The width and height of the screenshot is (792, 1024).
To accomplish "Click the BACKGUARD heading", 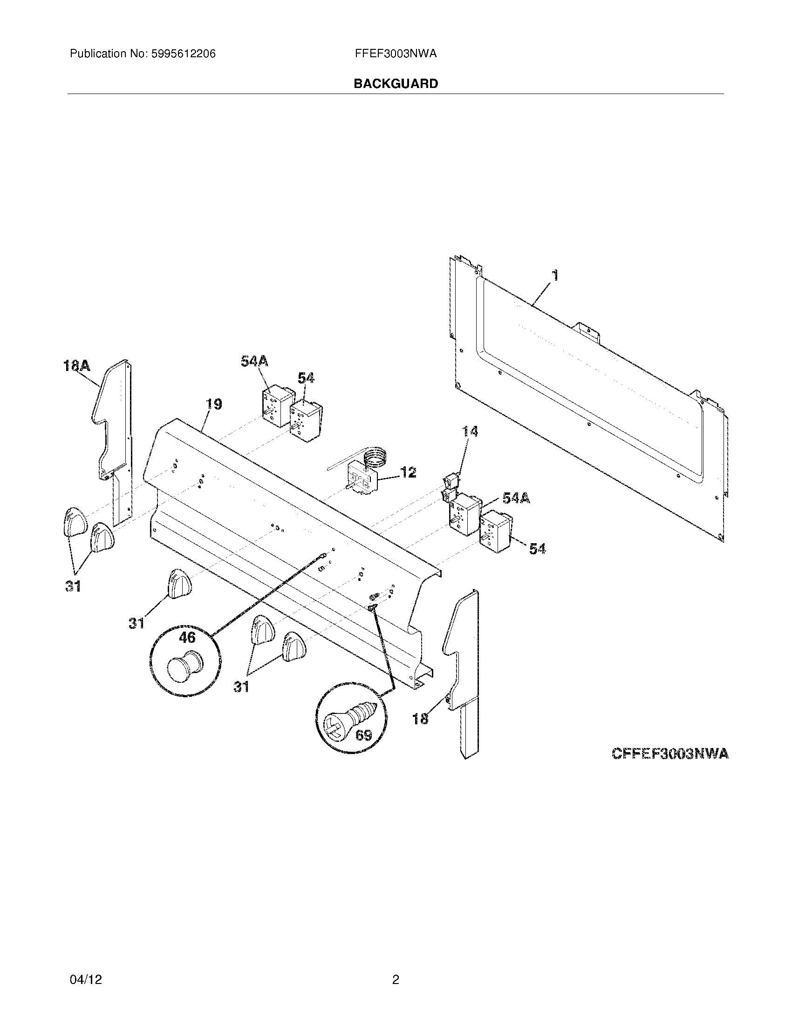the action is [x=396, y=84].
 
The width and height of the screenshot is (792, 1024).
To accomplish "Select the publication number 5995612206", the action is [x=183, y=54].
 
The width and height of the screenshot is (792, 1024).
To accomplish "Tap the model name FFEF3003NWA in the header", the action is [x=396, y=54].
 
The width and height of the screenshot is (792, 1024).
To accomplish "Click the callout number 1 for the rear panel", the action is [x=555, y=275].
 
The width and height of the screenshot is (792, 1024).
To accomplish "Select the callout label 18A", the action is [x=77, y=365].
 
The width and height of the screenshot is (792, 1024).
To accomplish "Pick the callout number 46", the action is [x=187, y=637].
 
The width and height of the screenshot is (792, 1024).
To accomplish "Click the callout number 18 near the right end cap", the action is [x=420, y=718].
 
